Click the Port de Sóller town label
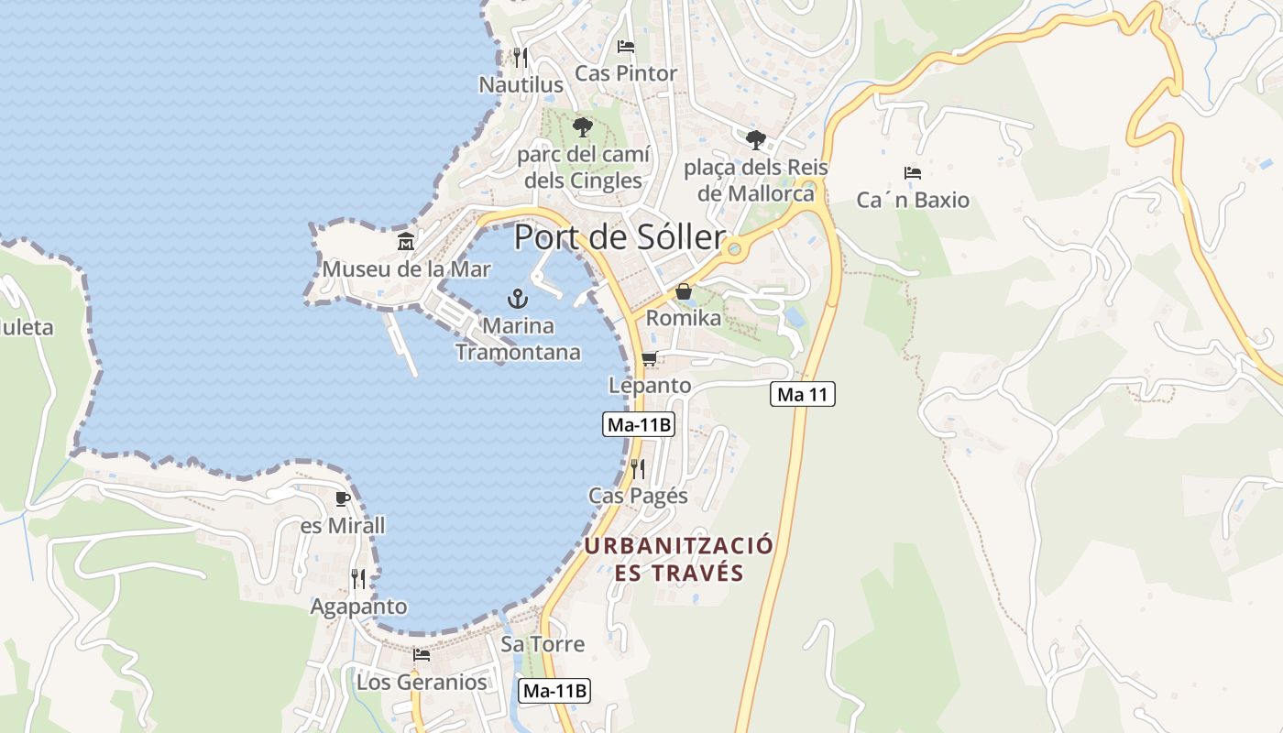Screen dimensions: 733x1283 [x=620, y=236]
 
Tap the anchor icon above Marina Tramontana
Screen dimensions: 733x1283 [x=518, y=298]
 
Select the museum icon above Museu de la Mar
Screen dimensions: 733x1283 [x=406, y=242]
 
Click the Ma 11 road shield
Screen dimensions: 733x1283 [x=802, y=395]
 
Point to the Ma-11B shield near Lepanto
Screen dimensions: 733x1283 [x=639, y=424]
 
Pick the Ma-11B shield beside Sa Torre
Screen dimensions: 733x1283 [x=554, y=691]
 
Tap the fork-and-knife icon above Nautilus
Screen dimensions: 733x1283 [x=520, y=57]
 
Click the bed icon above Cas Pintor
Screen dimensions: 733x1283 [x=626, y=46]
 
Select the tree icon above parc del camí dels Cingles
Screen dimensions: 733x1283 [x=582, y=127]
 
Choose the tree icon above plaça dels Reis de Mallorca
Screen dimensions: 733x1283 [x=755, y=139]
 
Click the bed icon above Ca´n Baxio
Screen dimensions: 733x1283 [x=912, y=172]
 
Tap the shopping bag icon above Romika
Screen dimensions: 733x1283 [x=684, y=291]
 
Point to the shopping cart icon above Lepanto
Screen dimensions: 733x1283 [x=650, y=358]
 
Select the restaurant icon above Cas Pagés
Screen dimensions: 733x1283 [x=638, y=468]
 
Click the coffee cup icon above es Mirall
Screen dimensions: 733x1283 [x=343, y=498]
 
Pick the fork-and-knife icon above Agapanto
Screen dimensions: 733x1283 [x=358, y=578]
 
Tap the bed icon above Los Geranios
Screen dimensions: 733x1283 [x=422, y=654]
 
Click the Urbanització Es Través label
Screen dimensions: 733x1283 [x=678, y=559]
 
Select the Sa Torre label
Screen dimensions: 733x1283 [x=543, y=644]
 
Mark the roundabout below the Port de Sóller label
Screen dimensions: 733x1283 [x=732, y=248]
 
